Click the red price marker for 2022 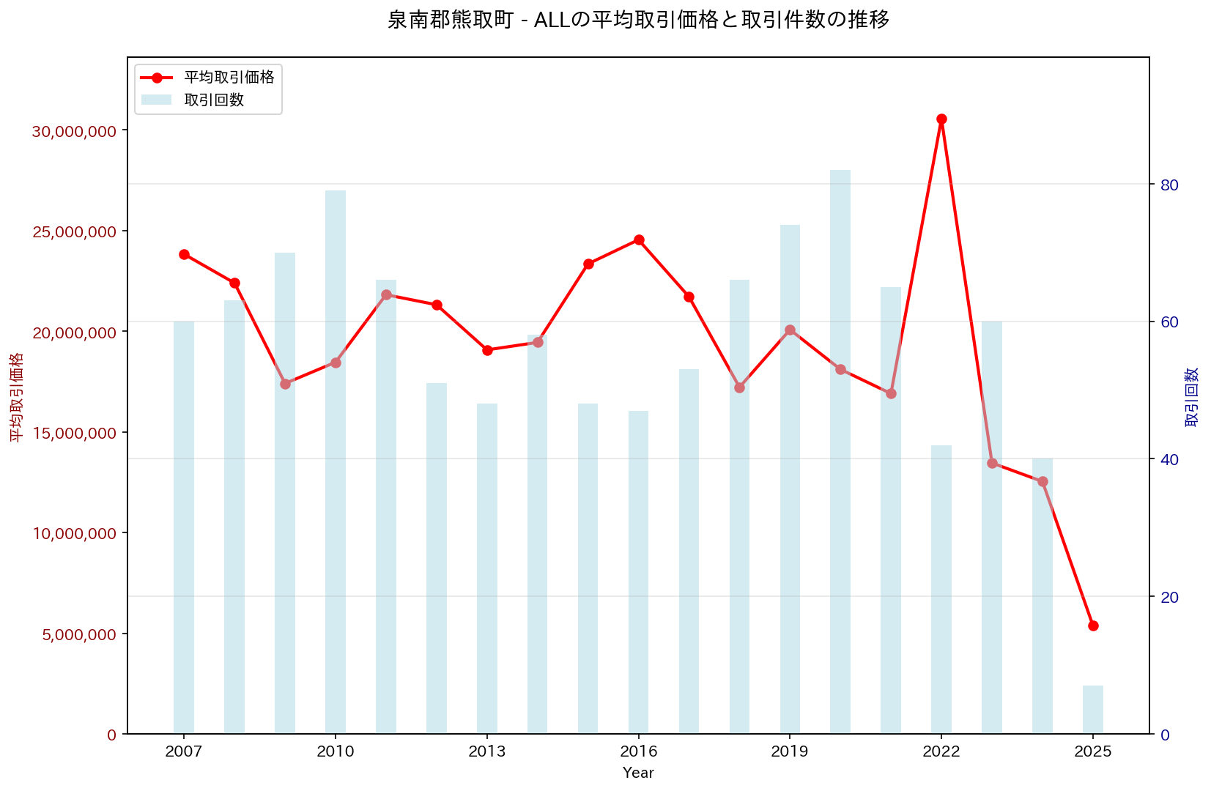click(x=941, y=119)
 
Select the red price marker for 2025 click(x=1093, y=625)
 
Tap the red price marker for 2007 click(x=184, y=254)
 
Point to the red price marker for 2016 click(x=639, y=239)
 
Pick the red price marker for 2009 click(x=285, y=384)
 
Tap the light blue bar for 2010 click(x=336, y=461)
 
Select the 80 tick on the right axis click(x=1169, y=185)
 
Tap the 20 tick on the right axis click(x=1169, y=597)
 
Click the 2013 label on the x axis click(x=487, y=752)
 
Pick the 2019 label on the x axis click(x=790, y=752)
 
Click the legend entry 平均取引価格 click(x=229, y=78)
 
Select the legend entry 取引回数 click(x=214, y=100)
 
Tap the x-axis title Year click(x=638, y=773)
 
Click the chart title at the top click(x=638, y=20)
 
